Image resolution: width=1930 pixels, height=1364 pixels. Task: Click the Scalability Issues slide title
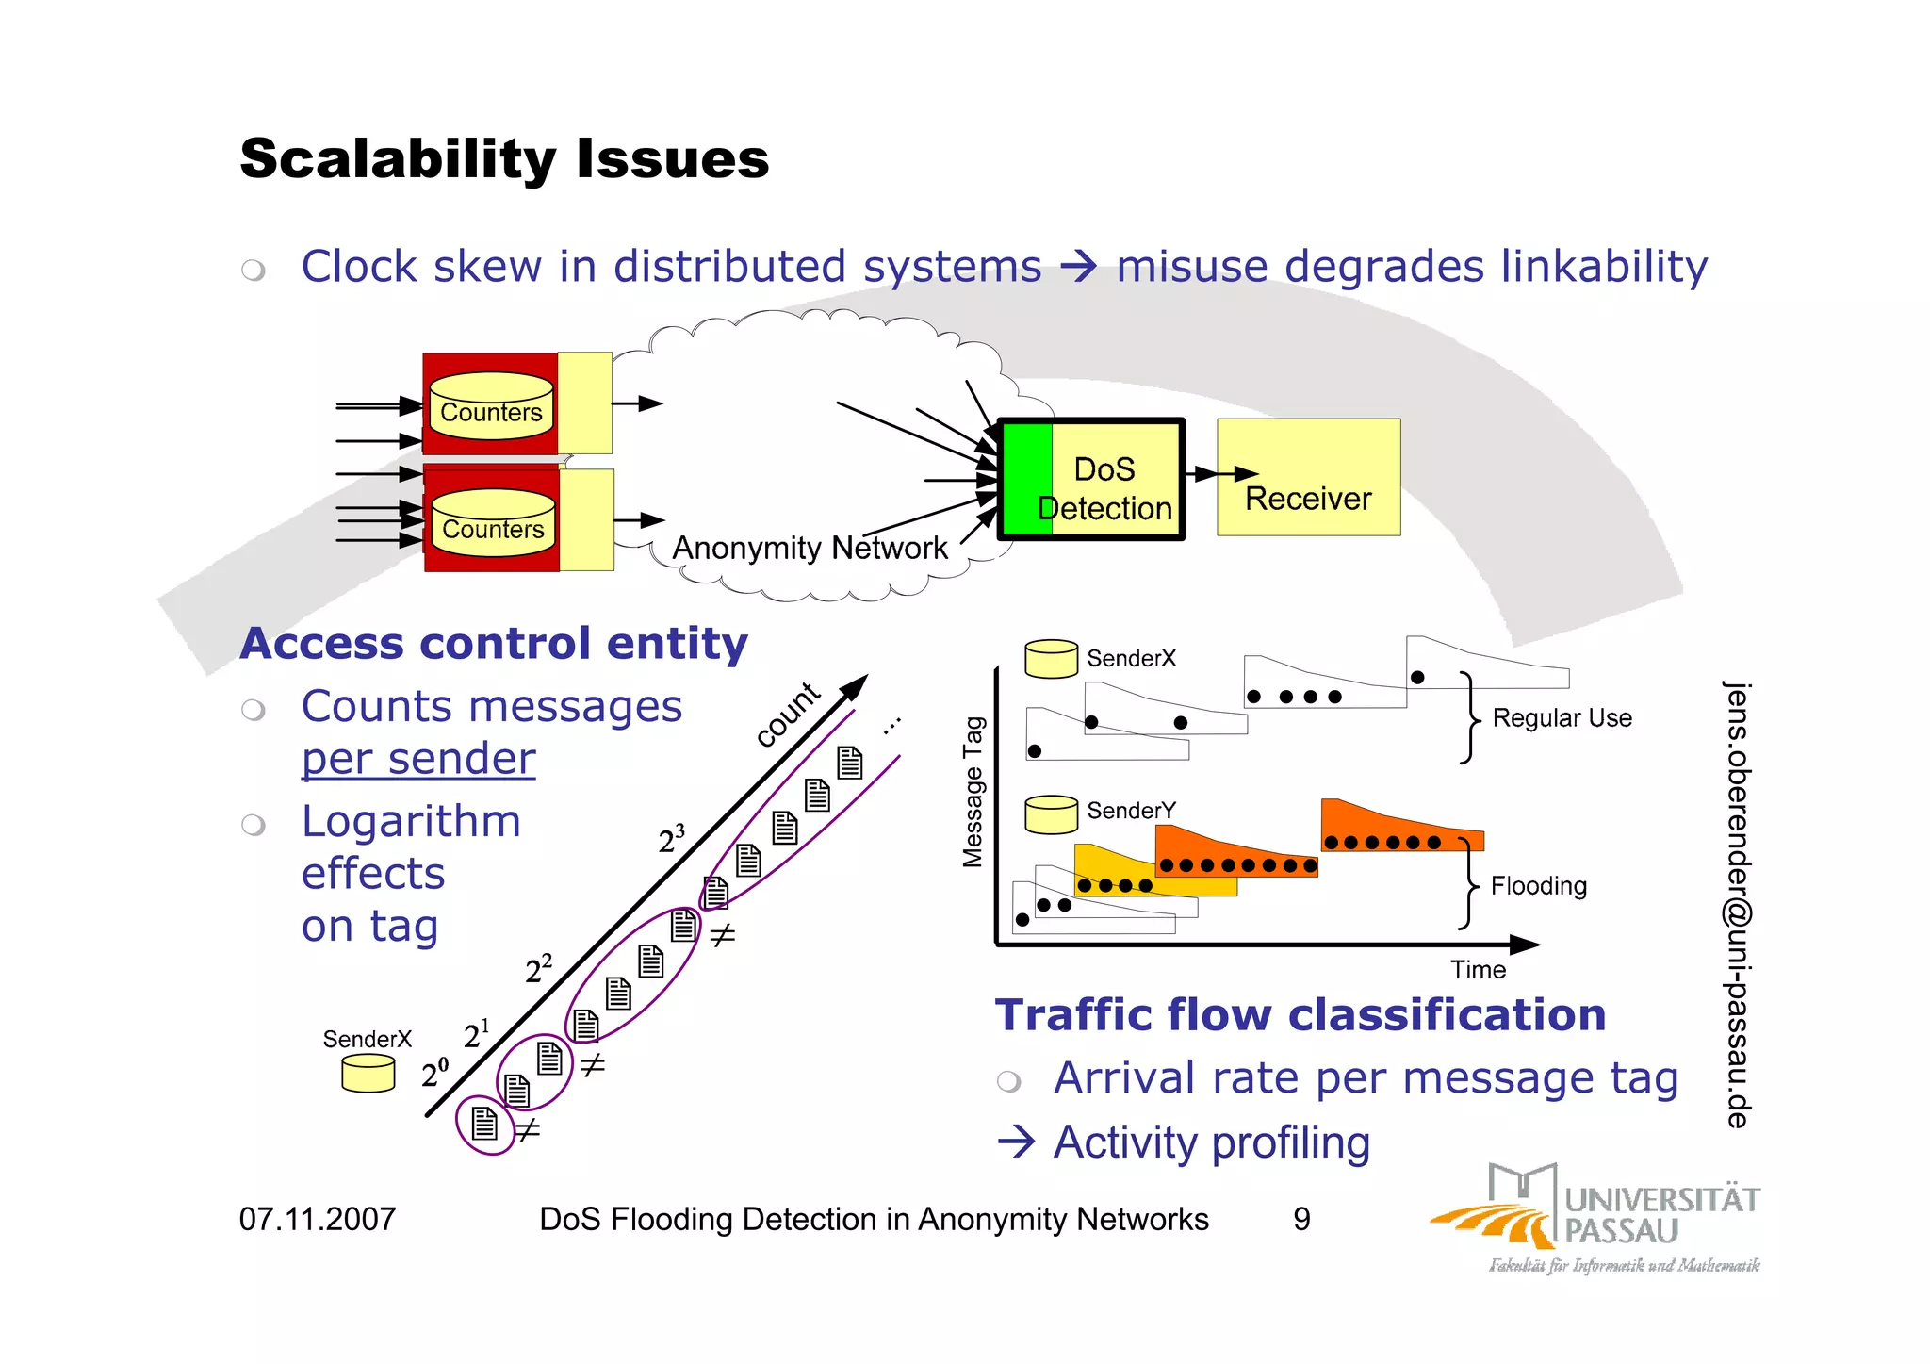(x=504, y=158)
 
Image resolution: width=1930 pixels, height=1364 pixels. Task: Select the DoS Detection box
(x=1091, y=480)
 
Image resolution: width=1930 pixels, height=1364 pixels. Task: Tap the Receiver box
(x=1308, y=478)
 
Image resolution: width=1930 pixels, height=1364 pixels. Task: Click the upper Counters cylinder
(x=491, y=407)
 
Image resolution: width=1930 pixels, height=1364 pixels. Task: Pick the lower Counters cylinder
(x=493, y=524)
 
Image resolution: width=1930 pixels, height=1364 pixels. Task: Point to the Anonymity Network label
(x=810, y=548)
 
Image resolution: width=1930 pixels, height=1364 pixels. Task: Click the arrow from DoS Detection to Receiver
(x=1222, y=473)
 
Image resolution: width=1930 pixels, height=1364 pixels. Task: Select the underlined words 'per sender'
(x=418, y=759)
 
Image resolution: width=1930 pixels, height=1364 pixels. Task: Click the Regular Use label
(x=1562, y=718)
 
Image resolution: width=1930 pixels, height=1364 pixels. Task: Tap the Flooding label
(x=1538, y=886)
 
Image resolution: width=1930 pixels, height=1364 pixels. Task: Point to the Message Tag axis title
(x=973, y=791)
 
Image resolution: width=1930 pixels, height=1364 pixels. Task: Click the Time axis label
(x=1478, y=970)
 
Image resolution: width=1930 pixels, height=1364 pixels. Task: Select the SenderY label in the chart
(x=1131, y=811)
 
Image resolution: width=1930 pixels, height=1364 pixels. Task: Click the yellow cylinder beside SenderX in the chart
(x=1051, y=658)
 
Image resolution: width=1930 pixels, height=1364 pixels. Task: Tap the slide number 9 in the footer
(x=1301, y=1220)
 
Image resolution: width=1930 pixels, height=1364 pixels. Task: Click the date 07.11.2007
(x=318, y=1220)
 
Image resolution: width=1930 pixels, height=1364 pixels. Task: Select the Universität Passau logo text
(x=1661, y=1215)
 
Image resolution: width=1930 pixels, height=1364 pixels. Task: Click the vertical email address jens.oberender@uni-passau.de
(x=1737, y=904)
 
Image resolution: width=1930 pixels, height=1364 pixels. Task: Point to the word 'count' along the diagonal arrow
(x=788, y=714)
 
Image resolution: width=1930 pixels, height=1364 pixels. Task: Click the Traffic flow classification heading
(x=1300, y=1015)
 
